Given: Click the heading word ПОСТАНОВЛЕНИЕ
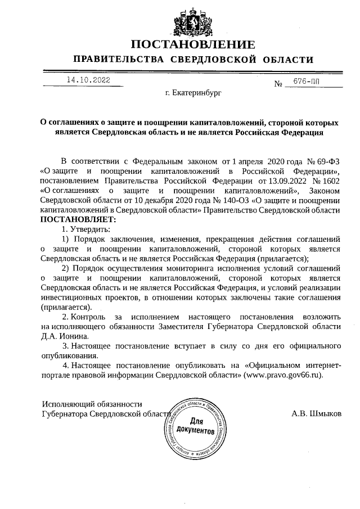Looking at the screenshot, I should (193, 45).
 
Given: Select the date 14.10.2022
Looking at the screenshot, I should (88, 80).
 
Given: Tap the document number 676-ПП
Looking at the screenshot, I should (308, 82).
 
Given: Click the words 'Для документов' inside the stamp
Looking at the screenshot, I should (195, 426).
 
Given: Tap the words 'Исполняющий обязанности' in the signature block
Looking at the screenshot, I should (91, 403).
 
